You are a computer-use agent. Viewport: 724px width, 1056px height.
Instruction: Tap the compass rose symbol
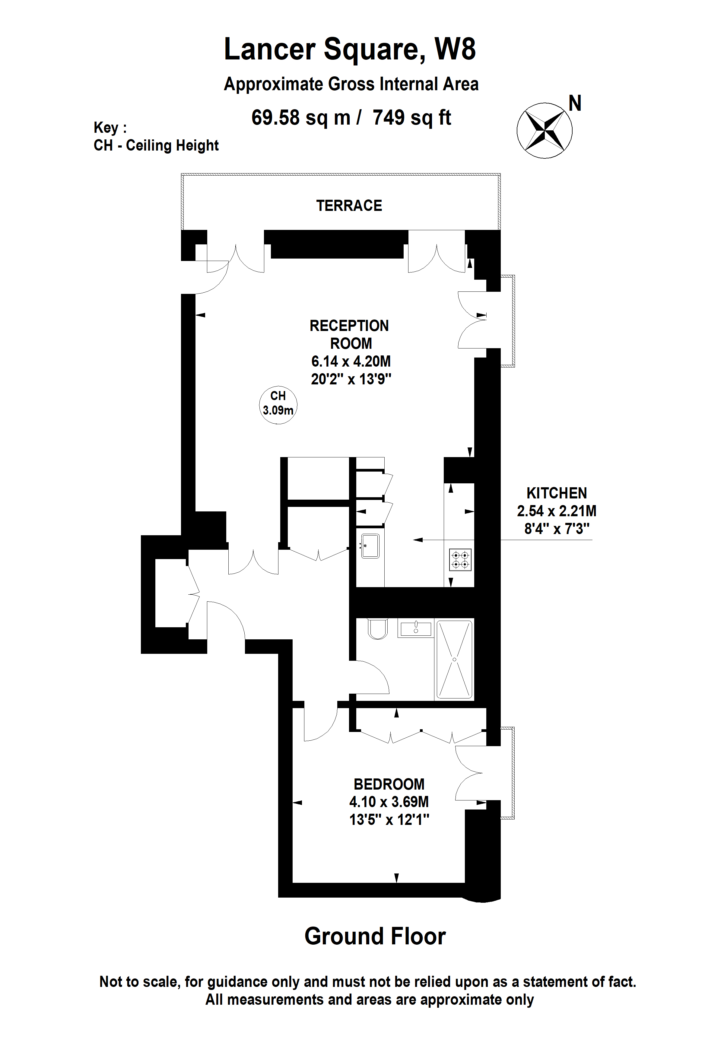[x=544, y=131]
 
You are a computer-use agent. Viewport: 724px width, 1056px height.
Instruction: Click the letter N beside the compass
[x=575, y=103]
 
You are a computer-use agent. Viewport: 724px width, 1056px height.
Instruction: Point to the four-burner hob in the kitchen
[x=460, y=560]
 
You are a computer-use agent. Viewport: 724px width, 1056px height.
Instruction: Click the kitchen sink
[x=370, y=546]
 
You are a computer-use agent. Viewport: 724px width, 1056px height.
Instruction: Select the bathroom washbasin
[x=416, y=629]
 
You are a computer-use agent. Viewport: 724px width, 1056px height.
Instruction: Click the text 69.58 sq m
[x=301, y=118]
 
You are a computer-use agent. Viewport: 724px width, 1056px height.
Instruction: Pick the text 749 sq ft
[x=411, y=118]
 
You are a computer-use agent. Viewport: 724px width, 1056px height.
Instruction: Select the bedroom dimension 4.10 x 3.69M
[x=389, y=802]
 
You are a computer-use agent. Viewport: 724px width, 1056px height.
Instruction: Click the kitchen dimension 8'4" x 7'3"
[x=556, y=529]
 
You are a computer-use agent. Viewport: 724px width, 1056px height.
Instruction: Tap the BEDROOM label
[x=389, y=784]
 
